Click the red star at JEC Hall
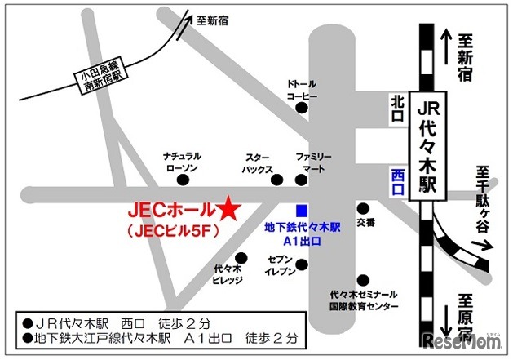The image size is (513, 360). (228, 209)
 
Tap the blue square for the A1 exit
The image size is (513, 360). (302, 209)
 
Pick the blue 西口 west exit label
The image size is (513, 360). (397, 182)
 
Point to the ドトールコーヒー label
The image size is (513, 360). (302, 90)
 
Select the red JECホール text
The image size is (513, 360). (170, 210)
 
